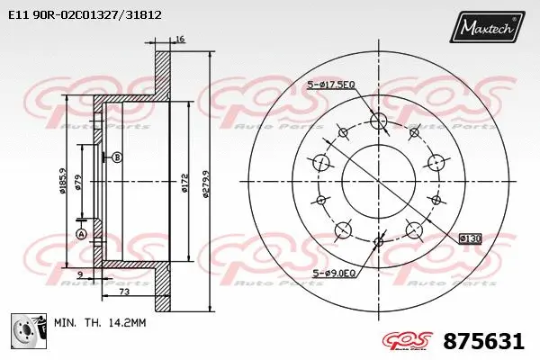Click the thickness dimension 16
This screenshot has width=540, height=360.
[x=180, y=40]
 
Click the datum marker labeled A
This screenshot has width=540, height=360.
[x=81, y=234]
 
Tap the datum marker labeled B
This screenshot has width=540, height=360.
[x=116, y=157]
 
